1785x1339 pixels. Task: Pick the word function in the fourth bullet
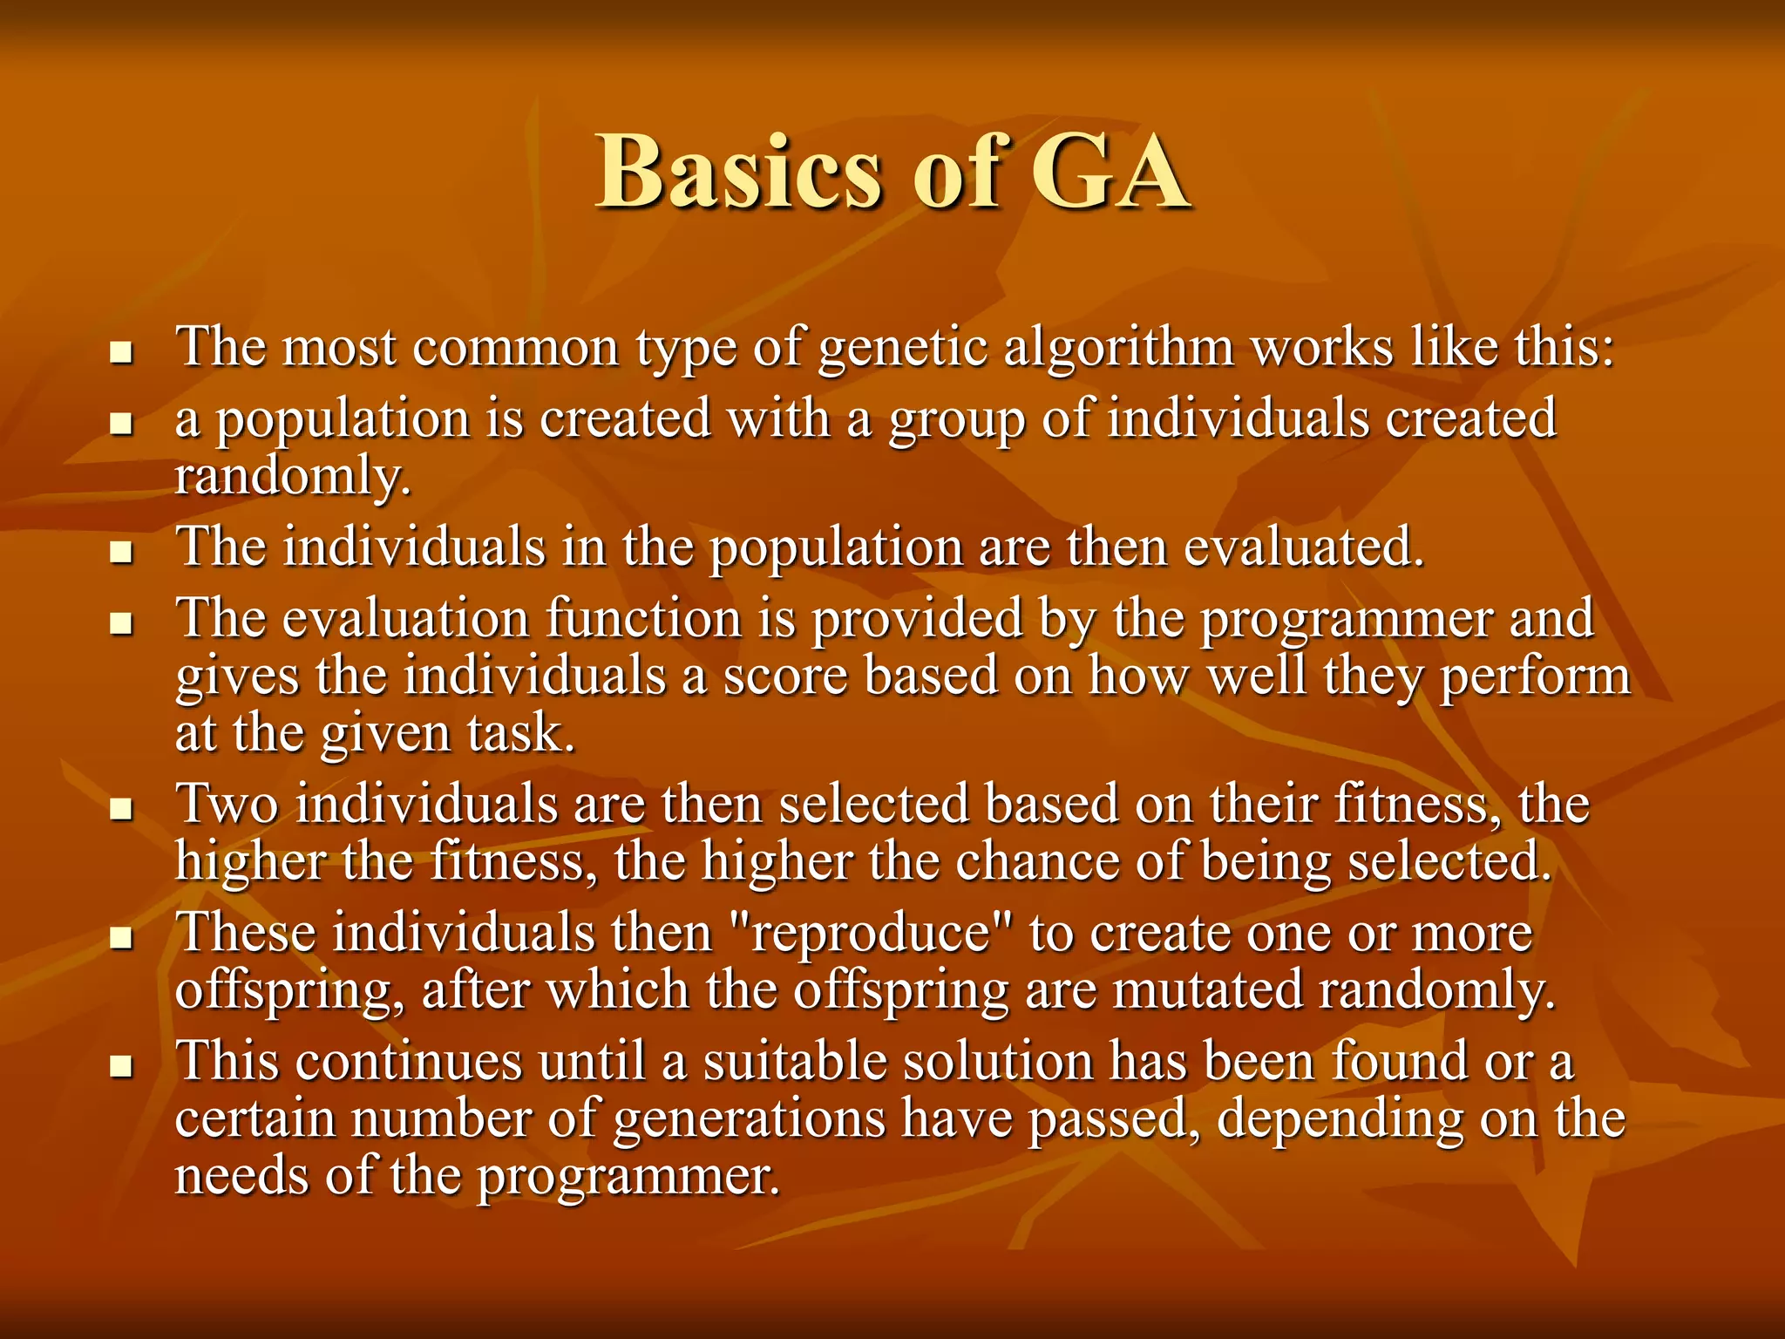[x=643, y=619]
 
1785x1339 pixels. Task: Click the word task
[x=520, y=734]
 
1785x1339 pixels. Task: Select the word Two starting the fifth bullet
[x=227, y=804]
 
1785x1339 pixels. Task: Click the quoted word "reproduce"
[x=876, y=933]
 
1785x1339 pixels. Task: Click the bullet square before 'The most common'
[x=121, y=353]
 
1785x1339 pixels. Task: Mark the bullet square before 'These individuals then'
[x=121, y=939]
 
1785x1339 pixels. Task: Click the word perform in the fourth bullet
[x=1534, y=677]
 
